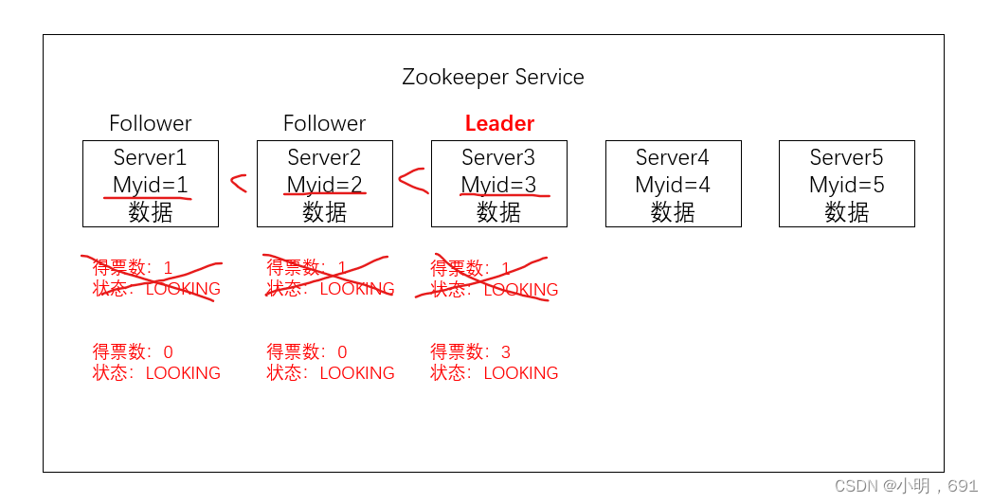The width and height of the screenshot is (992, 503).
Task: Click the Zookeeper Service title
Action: point(493,77)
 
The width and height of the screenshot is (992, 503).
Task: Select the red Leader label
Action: point(499,123)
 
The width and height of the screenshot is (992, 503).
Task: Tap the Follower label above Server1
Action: point(150,123)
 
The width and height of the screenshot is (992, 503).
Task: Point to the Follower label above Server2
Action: point(324,123)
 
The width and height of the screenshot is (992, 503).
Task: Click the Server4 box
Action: point(673,184)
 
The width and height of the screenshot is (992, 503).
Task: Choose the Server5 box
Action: point(846,184)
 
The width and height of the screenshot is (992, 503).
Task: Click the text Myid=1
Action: point(151,185)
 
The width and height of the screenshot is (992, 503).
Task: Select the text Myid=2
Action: point(325,185)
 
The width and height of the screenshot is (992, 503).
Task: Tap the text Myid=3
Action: point(498,185)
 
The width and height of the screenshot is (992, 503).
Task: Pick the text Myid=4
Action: point(673,185)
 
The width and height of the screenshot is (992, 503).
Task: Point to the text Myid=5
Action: point(846,185)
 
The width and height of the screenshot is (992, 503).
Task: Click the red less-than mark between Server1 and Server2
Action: point(238,183)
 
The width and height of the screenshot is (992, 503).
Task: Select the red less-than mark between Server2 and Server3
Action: point(412,180)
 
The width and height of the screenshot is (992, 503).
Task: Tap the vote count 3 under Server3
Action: point(506,352)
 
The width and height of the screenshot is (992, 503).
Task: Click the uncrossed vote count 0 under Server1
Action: point(169,352)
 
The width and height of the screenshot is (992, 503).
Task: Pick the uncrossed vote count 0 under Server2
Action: point(342,352)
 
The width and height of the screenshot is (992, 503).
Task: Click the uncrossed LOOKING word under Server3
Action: point(521,373)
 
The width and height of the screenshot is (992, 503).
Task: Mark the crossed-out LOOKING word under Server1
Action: point(183,289)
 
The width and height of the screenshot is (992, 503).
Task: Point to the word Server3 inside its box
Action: point(498,157)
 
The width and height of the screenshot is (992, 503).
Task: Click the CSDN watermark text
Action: point(906,486)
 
